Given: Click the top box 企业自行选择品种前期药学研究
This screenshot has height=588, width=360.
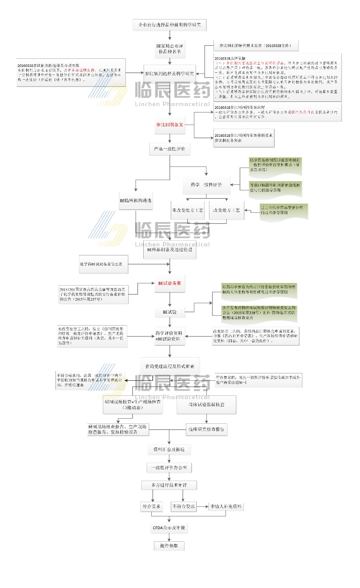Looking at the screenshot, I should pos(169,25).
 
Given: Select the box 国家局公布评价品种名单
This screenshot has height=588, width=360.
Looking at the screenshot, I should pos(169,49).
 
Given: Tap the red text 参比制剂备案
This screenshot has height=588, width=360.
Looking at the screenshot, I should pos(170,125).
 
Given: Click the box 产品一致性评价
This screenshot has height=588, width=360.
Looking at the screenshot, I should pos(169,149).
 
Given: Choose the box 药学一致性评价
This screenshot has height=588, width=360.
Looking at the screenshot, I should pos(206,185).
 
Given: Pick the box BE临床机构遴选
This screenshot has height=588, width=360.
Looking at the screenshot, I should pos(136,201).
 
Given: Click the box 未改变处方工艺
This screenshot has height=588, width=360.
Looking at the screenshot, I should pos(187,210).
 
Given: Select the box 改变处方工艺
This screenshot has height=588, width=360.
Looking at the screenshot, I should pos(226,210).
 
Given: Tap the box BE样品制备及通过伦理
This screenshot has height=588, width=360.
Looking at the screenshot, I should pos(169,250).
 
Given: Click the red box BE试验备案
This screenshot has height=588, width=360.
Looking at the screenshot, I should pos(169,283).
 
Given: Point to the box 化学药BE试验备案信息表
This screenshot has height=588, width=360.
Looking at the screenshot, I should pos(104,264).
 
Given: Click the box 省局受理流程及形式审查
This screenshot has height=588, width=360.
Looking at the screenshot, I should pos(169,366).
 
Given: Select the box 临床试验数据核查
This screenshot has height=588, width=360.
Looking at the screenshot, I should pos(206,405).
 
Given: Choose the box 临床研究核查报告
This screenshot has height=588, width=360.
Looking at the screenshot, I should pos(206,429).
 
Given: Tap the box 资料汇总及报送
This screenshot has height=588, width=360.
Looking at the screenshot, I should pos(169,449).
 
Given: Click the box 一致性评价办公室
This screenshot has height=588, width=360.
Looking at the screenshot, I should pos(169,468).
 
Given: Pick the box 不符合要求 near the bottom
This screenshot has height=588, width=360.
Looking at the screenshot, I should pos(184,506).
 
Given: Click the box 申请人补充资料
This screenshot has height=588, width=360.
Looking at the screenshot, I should pos(226,506).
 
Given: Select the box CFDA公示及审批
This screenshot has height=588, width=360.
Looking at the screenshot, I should pos(169,528).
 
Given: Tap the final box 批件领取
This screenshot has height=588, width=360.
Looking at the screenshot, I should pos(169,546).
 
